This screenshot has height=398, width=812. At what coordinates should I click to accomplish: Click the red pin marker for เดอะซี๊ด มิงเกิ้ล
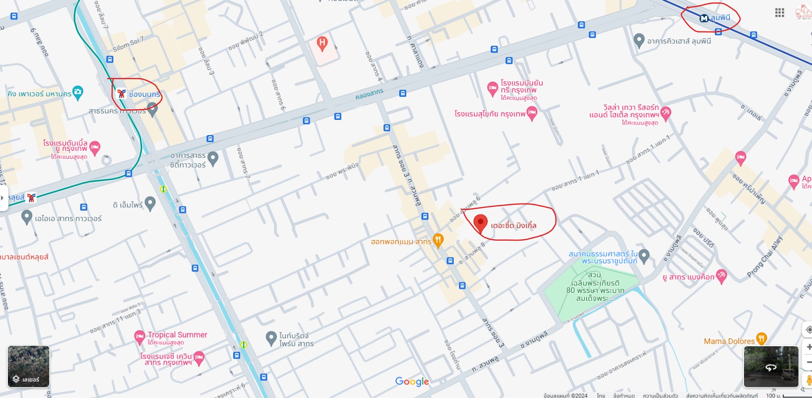coord(480,223)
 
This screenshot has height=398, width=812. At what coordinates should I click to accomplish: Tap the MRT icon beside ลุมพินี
coord(704,19)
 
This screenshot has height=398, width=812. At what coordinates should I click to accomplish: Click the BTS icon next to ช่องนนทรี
coord(122,94)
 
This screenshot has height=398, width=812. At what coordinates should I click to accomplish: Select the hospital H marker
coord(322,44)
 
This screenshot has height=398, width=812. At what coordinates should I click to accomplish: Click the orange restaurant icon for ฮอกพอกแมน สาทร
coord(438,240)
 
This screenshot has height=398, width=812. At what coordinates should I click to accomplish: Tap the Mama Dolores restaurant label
coord(729,342)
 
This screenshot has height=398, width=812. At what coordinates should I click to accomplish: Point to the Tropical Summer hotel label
coord(177,335)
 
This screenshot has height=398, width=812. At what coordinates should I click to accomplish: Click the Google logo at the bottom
coord(412,382)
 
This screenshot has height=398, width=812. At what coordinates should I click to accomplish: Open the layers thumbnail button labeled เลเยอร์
coord(28,367)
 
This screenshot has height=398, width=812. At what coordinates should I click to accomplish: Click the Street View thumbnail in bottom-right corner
coord(771,367)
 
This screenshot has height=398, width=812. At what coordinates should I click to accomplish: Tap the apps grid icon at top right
coord(780,13)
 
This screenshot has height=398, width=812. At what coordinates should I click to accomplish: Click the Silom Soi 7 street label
coord(128,44)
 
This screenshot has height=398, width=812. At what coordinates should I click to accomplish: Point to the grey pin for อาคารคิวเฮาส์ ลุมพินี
coord(639,40)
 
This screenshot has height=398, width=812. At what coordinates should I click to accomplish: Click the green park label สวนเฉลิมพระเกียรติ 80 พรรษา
coord(595,287)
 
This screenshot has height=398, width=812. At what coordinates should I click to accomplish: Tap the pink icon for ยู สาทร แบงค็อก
coord(721,276)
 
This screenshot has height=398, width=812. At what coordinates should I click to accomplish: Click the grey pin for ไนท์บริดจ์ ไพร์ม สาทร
coord(271,338)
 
